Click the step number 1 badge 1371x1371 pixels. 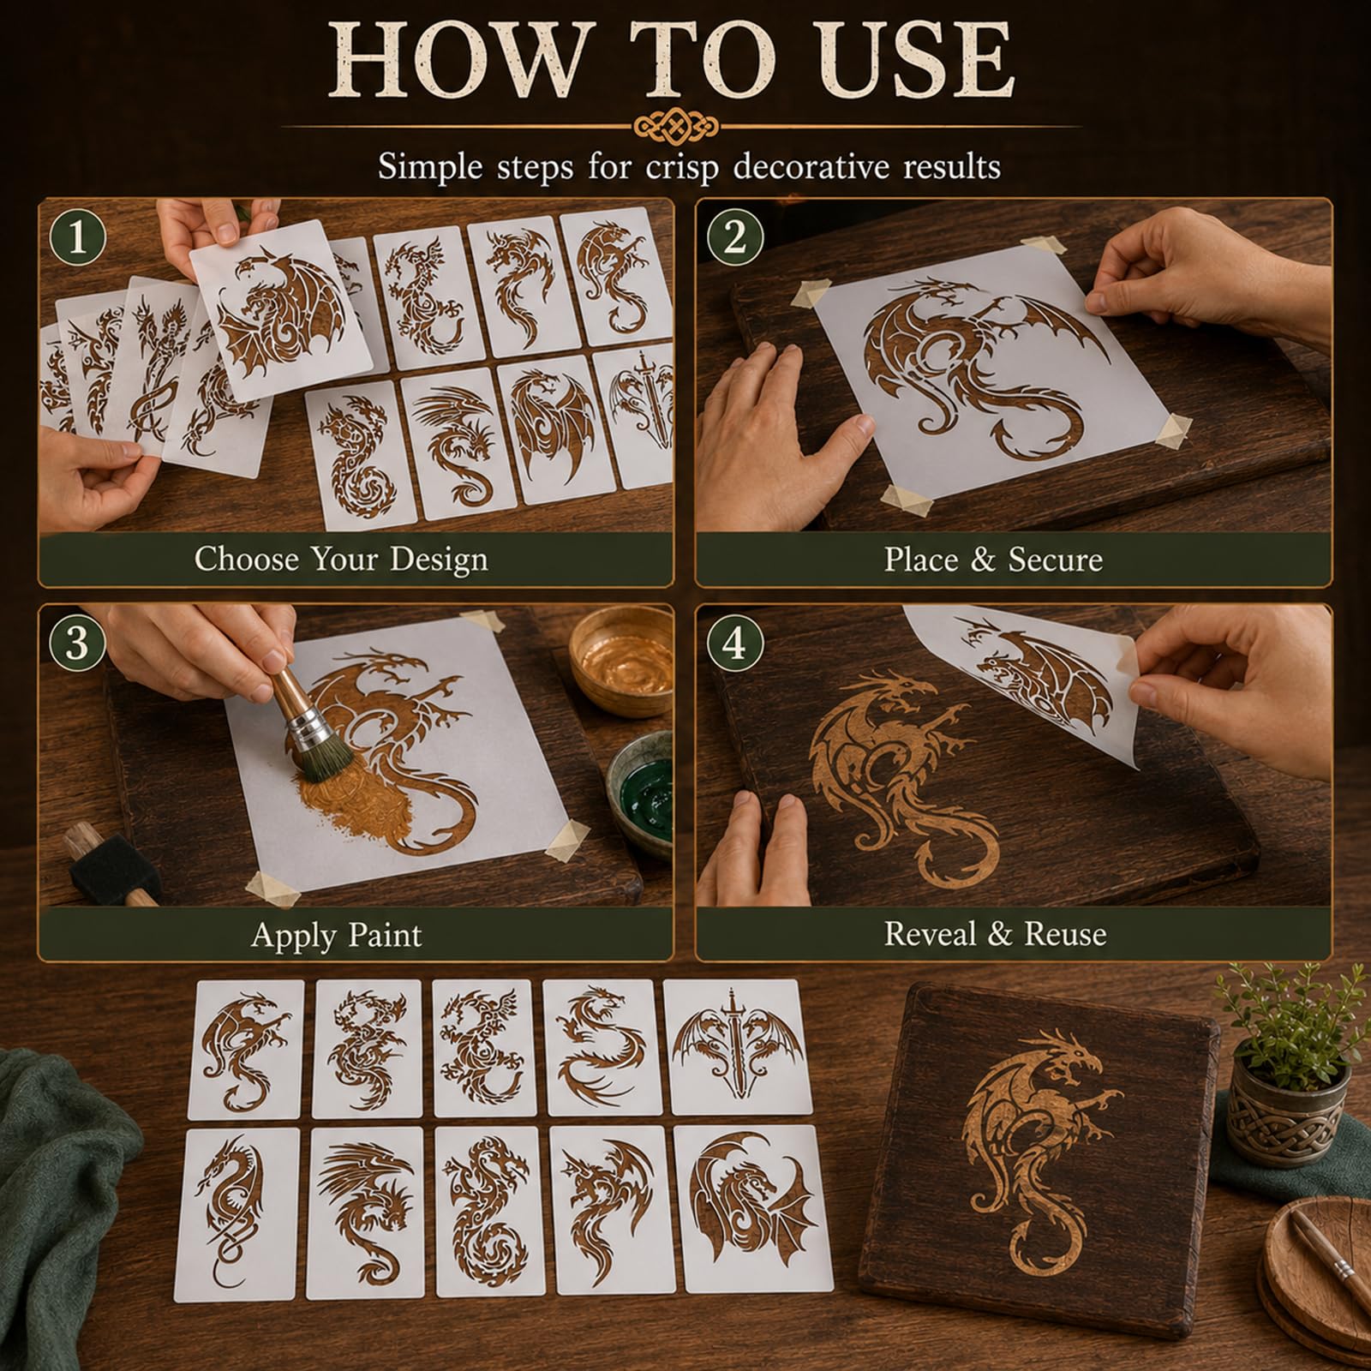[78, 237]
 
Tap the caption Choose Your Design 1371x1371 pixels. [341, 560]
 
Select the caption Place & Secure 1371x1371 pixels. [993, 560]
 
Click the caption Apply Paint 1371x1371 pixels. [336, 934]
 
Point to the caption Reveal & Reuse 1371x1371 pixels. [995, 933]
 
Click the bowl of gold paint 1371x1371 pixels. [622, 661]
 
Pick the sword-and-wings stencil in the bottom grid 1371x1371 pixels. [739, 1046]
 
